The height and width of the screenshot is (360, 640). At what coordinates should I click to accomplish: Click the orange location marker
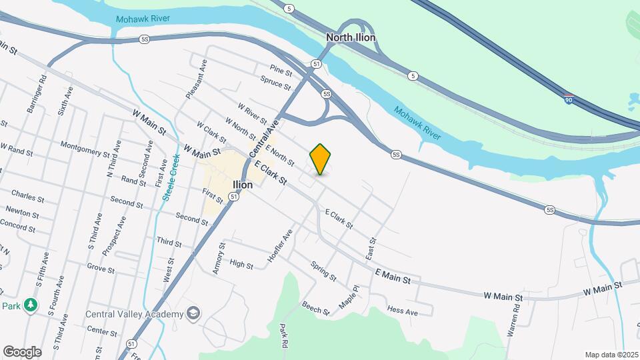coord(320,159)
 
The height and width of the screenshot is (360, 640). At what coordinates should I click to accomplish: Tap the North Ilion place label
coord(351,37)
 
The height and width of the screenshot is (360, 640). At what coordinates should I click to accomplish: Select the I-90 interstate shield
coord(567,99)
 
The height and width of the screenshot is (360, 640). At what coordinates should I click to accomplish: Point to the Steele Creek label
coord(171,177)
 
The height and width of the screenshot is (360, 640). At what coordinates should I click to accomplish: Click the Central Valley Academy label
coord(134,315)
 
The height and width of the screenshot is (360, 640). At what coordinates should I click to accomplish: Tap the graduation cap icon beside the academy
coord(193,314)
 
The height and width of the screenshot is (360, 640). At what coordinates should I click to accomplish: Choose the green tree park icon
coord(30,305)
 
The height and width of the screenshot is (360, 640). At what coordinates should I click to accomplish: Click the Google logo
coord(22,352)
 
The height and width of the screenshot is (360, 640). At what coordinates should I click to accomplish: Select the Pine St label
coord(281,69)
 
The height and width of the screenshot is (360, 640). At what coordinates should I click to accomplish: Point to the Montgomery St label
coord(85,148)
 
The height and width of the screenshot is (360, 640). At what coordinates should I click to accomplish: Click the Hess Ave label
coord(403,311)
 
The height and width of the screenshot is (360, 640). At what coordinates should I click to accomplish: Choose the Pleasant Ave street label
coord(197,79)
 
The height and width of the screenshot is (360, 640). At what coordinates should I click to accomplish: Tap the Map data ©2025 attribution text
coord(610,355)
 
